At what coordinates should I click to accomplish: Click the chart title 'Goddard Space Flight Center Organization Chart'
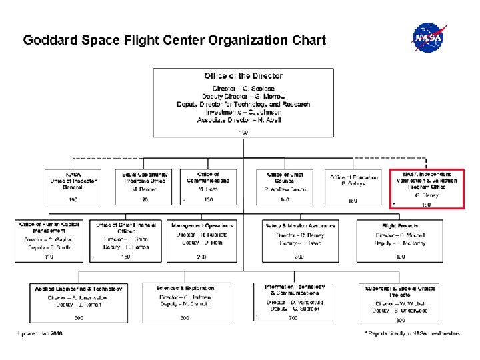[174, 40]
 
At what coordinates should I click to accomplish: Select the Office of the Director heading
[243, 76]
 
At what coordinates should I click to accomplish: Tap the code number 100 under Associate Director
[243, 133]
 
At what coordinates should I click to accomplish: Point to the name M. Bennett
[145, 189]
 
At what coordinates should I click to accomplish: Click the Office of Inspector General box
[73, 186]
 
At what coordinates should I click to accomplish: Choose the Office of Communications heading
[208, 177]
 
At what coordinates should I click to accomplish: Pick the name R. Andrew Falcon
[285, 189]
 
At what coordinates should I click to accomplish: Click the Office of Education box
[353, 186]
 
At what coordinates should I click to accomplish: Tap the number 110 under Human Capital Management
[49, 257]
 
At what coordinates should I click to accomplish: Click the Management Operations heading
[202, 225]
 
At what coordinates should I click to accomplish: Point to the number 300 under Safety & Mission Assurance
[299, 257]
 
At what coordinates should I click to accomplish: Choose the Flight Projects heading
[400, 225]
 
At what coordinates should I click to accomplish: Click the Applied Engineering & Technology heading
[79, 289]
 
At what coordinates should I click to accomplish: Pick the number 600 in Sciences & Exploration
[185, 318]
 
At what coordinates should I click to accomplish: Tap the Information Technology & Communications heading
[295, 290]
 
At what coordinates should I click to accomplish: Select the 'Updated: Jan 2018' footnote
[41, 333]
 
